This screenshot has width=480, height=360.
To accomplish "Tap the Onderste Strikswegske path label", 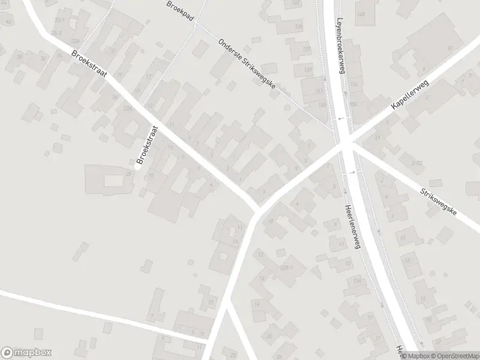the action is (x=247, y=66).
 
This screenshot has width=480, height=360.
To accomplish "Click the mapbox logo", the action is (x=26, y=353).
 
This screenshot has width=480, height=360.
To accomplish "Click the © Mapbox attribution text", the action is (x=416, y=356).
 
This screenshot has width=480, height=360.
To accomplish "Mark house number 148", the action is (x=361, y=14).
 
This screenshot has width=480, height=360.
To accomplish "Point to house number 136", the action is (x=299, y=26).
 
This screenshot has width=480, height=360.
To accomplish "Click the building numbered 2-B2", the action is (x=417, y=163).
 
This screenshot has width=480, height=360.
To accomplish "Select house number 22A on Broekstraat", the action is (x=127, y=108).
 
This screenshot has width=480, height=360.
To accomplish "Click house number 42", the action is (x=9, y=22).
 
